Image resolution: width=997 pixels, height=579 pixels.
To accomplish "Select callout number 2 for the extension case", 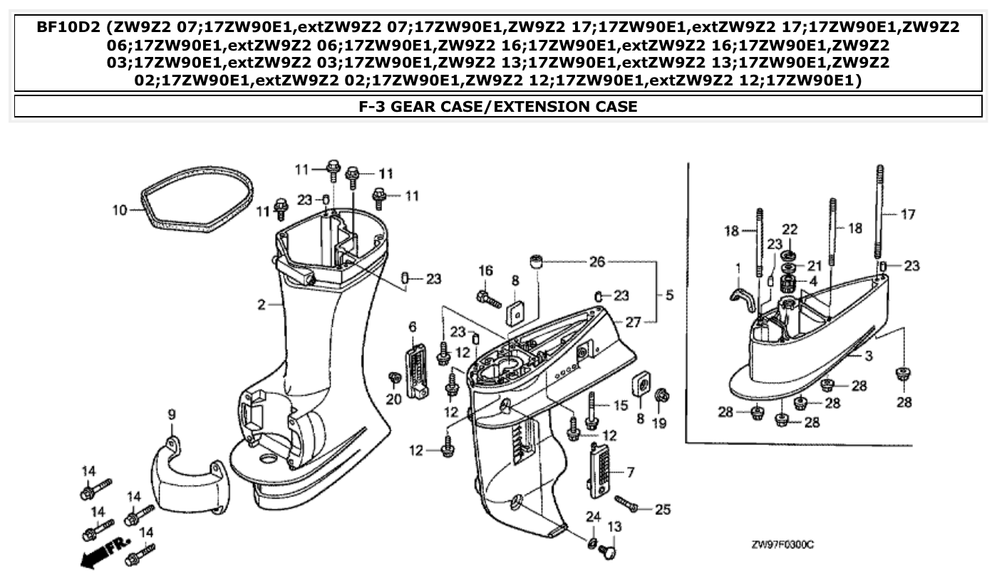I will click(262, 306).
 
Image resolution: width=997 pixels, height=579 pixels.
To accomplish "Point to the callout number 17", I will click(908, 214).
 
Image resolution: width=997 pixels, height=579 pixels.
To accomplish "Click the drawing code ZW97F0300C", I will click(782, 545).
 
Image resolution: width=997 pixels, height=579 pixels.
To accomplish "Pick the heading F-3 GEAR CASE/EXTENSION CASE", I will click(497, 107).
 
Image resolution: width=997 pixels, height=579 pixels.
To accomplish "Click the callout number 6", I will click(412, 326).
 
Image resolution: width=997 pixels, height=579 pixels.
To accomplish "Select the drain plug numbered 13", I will click(609, 551).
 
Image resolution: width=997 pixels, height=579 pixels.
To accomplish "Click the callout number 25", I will click(662, 510).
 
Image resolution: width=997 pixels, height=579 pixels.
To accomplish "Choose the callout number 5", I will click(669, 294).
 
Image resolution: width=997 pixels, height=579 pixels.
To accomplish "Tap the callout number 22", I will click(789, 229).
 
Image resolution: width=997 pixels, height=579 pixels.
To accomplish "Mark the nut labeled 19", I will click(661, 395).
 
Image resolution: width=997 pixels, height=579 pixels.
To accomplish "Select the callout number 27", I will click(634, 322).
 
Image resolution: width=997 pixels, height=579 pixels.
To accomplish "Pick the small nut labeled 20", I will click(392, 377).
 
